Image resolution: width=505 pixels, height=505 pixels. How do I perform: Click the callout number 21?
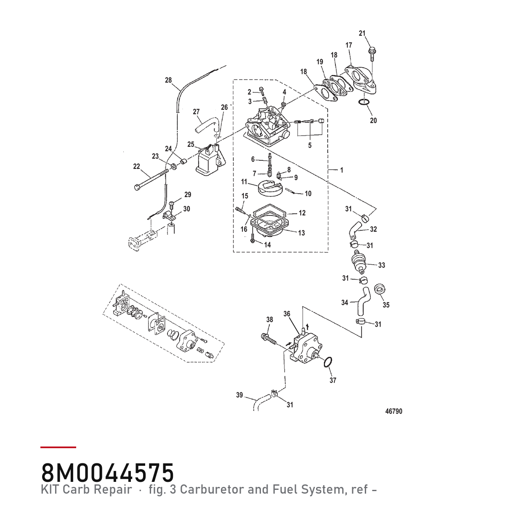point(362,33)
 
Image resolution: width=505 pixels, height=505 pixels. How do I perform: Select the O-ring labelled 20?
point(364,102)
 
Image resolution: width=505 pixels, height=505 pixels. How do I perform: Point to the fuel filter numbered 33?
point(359,261)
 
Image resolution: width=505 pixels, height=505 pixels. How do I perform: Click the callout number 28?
point(168,80)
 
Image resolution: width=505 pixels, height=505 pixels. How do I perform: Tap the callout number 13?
point(302,233)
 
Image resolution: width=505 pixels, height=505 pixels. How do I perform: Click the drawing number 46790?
point(393,411)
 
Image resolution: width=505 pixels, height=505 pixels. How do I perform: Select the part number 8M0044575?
point(107,473)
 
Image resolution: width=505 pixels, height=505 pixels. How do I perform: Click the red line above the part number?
point(58,447)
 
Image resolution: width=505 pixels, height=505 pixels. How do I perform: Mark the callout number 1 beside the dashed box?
point(341,170)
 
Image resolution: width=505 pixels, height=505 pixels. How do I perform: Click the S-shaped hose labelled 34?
point(363,301)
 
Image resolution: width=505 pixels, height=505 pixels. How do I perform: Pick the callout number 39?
point(239,395)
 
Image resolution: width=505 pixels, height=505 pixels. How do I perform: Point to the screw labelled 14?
point(253,239)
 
